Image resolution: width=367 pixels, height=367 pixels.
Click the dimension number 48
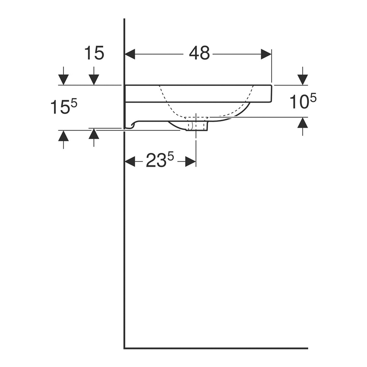tap(199, 54)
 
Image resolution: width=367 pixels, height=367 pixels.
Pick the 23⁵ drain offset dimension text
tap(159, 161)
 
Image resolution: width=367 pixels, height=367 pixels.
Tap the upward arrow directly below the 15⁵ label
tap(63, 136)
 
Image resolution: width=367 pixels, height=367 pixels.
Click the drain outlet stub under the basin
tap(197, 126)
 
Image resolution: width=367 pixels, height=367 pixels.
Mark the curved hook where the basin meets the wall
tap(132, 125)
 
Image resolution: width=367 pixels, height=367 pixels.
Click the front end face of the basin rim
tap(271, 93)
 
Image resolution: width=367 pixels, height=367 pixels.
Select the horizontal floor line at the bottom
tap(216, 348)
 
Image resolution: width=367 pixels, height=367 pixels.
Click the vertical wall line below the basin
tap(124, 237)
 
